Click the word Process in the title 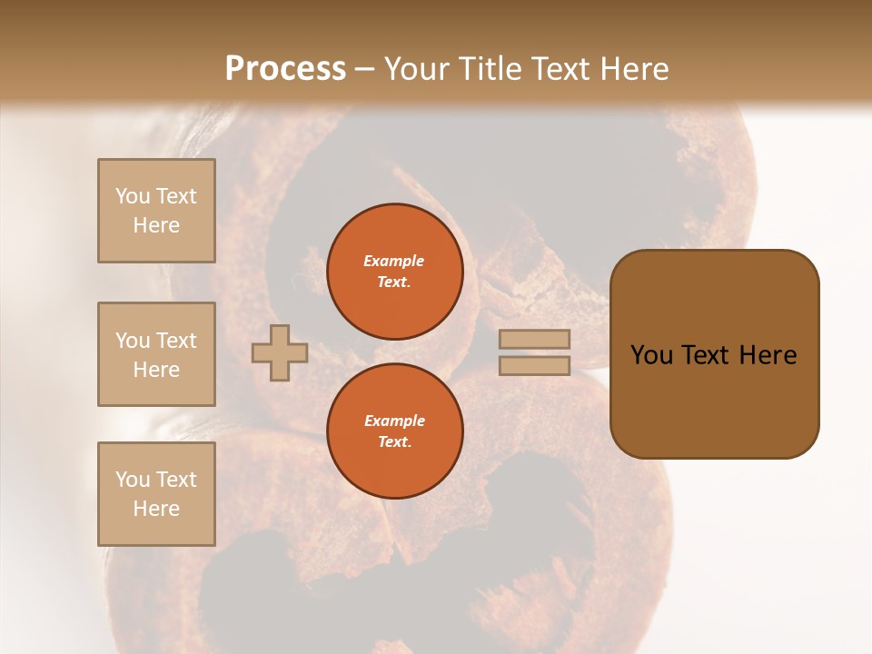tap(285, 68)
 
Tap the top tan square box tap(156, 211)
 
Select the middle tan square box tap(156, 354)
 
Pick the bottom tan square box tap(156, 493)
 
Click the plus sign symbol tap(280, 352)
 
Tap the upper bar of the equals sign tap(534, 339)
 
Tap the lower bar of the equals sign tap(534, 365)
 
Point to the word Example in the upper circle tap(394, 261)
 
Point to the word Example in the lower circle tap(394, 421)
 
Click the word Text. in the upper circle tap(394, 282)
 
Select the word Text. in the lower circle tap(394, 441)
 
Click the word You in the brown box tap(651, 355)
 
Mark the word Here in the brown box tap(768, 355)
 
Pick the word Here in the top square tap(156, 225)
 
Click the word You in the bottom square tap(132, 480)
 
